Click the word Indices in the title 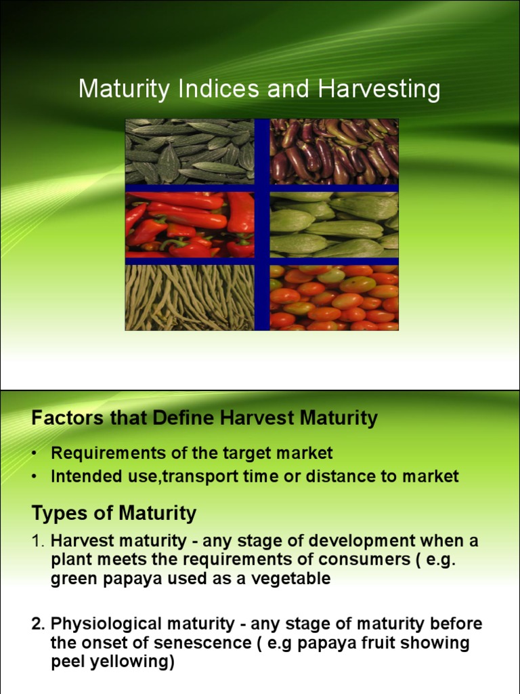pos(196,89)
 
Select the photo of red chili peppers pos(190,224)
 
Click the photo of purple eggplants pos(334,151)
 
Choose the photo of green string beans pos(190,298)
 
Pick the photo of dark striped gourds pos(190,151)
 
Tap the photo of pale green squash pos(334,224)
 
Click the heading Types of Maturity pos(114,513)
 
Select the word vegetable pos(292,579)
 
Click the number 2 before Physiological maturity pos(36,624)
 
